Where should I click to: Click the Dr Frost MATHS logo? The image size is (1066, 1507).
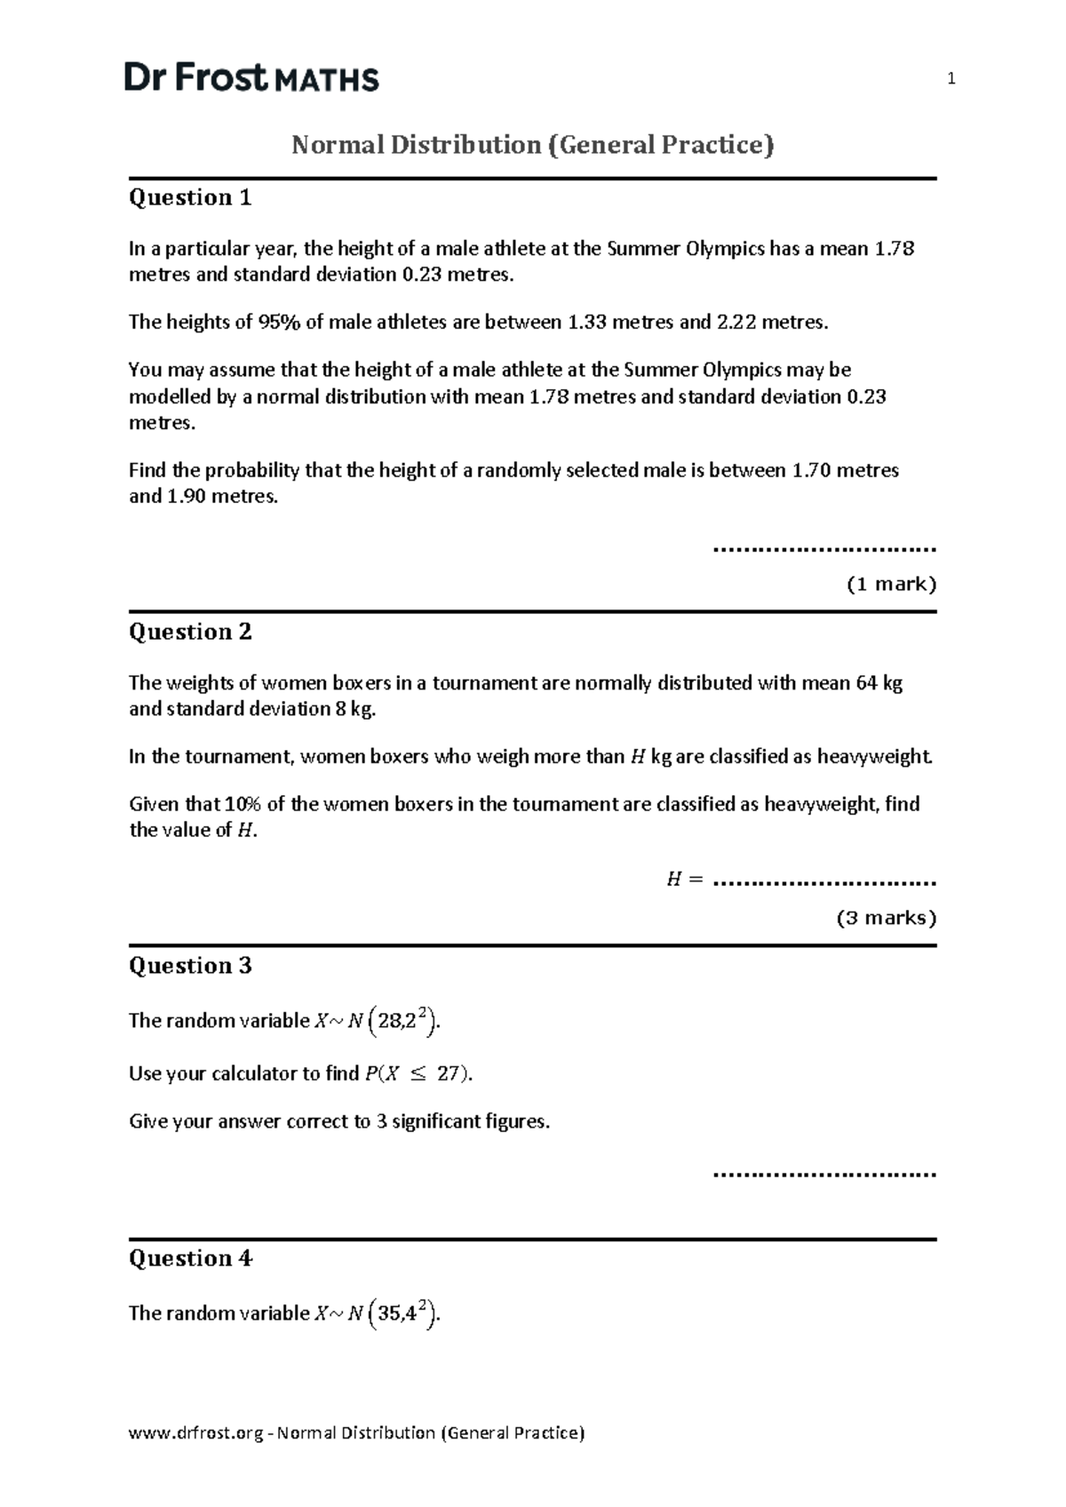coord(251,78)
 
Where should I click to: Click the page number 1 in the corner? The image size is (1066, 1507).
coord(951,80)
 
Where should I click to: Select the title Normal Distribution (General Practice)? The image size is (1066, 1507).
coord(533,144)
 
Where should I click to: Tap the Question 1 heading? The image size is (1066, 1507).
coord(190,197)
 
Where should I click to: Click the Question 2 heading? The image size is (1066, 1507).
coord(190,632)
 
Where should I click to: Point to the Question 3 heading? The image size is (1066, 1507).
coord(190,966)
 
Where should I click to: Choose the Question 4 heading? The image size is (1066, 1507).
coord(190,1258)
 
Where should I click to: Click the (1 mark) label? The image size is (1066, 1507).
coord(891,585)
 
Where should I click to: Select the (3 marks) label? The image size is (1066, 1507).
coord(887,918)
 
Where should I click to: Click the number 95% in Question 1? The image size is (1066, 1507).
coord(279,323)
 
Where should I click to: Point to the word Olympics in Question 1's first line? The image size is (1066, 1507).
coord(725,249)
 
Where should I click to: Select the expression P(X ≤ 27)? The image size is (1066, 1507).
coord(417,1073)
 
